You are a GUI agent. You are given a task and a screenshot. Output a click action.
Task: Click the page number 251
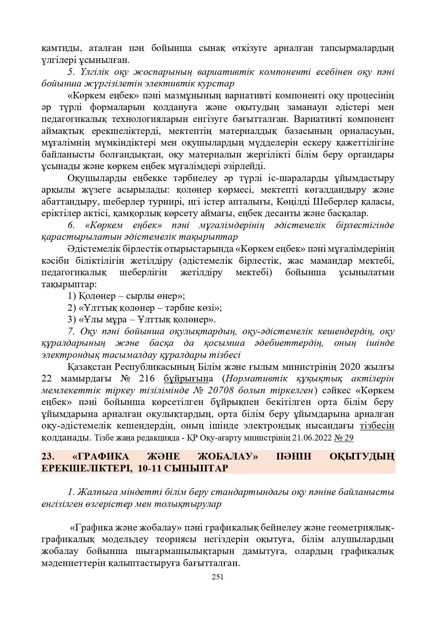[x=218, y=577]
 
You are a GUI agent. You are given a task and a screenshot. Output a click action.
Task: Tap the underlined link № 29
[x=344, y=438]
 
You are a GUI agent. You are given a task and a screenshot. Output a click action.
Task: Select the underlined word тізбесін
[x=377, y=426]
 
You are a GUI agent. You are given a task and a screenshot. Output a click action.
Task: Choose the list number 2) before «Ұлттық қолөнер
[x=72, y=308]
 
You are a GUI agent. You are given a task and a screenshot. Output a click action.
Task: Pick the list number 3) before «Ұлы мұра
[x=72, y=320]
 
